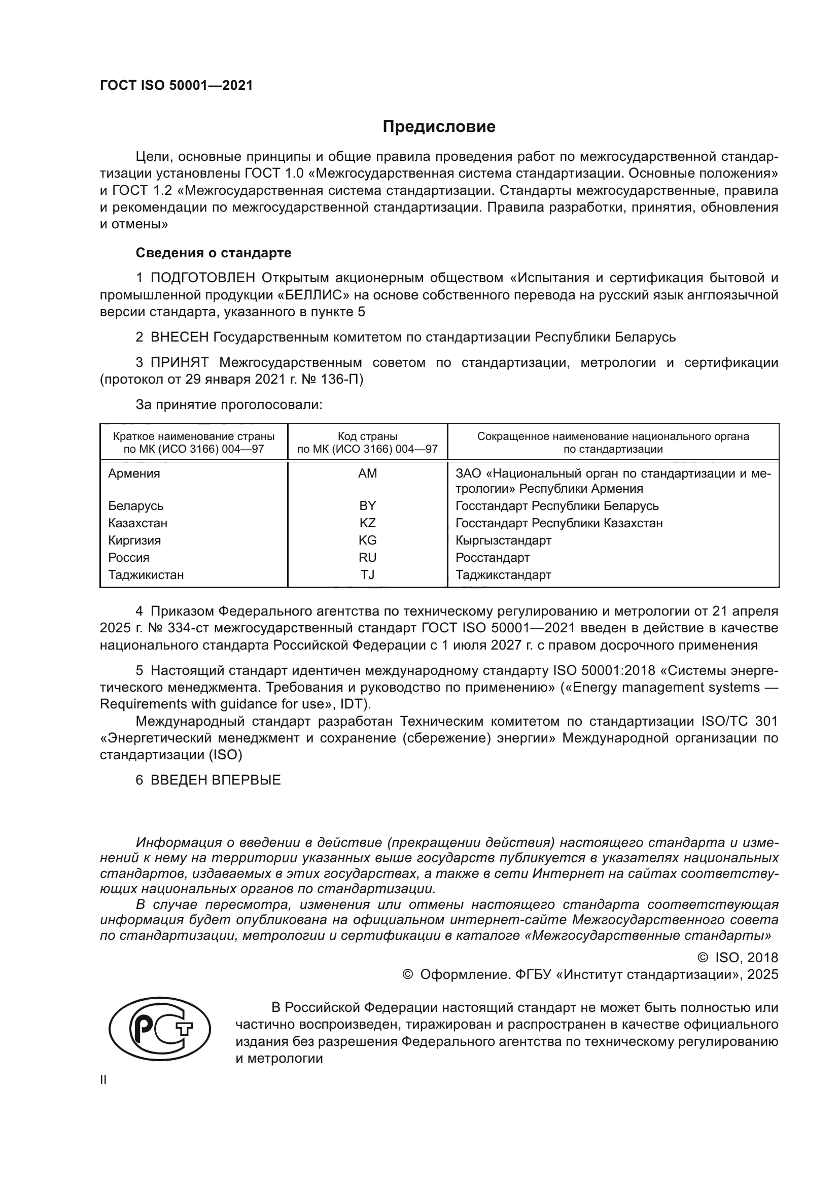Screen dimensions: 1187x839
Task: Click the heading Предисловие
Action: (x=439, y=127)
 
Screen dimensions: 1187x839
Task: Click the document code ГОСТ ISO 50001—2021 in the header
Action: (x=177, y=86)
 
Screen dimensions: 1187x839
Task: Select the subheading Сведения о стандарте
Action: (x=214, y=253)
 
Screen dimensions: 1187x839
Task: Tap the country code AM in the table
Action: (x=367, y=473)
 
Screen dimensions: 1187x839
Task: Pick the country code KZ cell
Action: (x=367, y=523)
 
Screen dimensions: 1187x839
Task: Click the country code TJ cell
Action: (x=367, y=574)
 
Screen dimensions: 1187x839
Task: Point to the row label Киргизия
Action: (x=134, y=540)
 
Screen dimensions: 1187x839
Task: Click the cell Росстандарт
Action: (x=493, y=557)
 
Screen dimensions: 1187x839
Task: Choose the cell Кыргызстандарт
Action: (x=503, y=540)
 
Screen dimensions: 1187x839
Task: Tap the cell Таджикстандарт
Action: (x=503, y=574)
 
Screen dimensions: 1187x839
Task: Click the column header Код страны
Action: (x=367, y=436)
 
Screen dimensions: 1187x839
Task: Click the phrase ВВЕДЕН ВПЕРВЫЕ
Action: (x=216, y=779)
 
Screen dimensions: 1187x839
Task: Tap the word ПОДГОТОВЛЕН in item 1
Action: (x=202, y=278)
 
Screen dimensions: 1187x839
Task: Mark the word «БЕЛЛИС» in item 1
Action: (x=313, y=295)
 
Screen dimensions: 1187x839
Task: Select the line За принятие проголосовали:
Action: (x=229, y=404)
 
